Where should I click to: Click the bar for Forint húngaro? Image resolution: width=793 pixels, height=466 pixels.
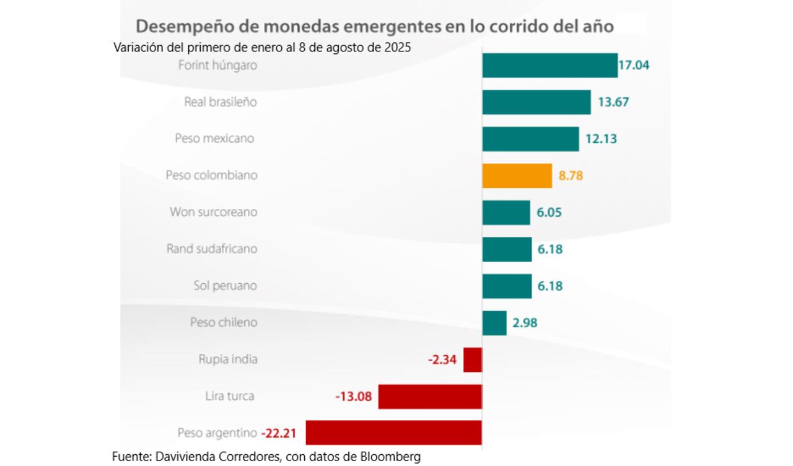550,65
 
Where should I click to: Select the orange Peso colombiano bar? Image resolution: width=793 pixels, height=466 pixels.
517,175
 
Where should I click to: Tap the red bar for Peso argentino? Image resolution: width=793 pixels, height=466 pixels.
393,433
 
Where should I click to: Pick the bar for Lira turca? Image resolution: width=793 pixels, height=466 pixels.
430,396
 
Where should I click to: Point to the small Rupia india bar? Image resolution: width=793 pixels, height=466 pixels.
472,359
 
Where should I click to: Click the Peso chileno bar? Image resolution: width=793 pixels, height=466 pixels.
494,323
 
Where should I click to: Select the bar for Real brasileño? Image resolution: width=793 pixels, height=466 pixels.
536,102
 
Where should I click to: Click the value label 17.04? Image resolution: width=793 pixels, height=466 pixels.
634,65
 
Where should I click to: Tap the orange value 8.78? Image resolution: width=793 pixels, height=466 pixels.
571,175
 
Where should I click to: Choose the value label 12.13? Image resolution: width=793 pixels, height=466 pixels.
601,139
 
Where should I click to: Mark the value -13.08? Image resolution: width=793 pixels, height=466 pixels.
353,396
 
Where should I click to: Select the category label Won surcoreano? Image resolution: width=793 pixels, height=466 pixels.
213,212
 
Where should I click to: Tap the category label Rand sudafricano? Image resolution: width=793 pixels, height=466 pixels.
211,249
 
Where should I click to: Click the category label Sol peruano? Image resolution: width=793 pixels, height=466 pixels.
225,286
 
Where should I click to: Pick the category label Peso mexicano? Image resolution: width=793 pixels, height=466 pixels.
214,139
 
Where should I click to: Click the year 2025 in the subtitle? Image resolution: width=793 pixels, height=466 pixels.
396,48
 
